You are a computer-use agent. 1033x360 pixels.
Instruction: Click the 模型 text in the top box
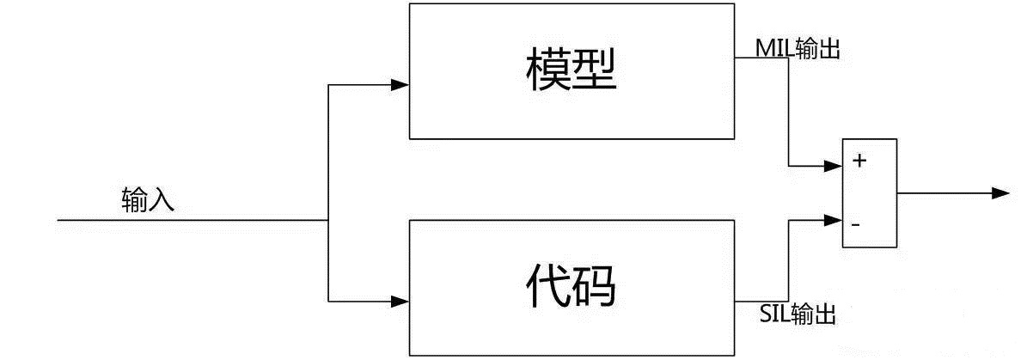[571, 70]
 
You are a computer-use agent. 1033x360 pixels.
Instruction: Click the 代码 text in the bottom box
[571, 286]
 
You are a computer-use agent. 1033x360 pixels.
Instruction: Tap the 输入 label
[148, 199]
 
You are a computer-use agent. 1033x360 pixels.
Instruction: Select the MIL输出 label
[798, 48]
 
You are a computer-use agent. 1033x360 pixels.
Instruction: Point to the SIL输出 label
[798, 314]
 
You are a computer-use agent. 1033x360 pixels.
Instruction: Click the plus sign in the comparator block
[859, 161]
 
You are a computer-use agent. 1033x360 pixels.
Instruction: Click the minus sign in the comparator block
[855, 225]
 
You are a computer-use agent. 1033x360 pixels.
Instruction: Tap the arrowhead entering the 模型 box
[400, 85]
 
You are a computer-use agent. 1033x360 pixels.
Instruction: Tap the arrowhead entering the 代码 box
[400, 302]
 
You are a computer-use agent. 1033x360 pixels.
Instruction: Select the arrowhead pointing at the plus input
[833, 166]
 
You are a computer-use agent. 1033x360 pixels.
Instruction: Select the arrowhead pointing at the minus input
[833, 220]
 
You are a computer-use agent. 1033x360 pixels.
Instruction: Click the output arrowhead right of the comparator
[1000, 193]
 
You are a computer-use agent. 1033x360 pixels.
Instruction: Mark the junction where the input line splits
[328, 220]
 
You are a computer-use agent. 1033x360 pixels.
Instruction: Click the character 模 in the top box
[547, 70]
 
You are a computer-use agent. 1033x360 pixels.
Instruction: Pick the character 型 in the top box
[595, 70]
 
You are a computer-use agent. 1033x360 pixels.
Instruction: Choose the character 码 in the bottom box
[595, 286]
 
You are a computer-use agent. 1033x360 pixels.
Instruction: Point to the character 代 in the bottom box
[547, 286]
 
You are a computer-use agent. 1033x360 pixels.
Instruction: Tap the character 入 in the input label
[162, 200]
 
